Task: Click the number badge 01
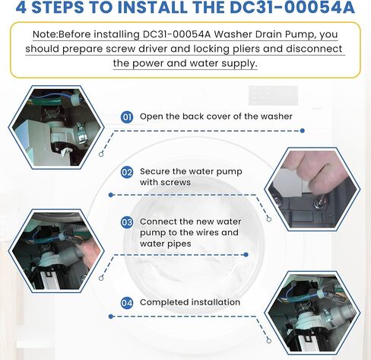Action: coord(128,116)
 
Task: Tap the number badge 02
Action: coord(128,172)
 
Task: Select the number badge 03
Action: coord(128,222)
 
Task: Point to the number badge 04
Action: coord(128,302)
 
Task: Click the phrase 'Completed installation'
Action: coord(190,302)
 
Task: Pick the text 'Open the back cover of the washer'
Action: coord(216,116)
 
